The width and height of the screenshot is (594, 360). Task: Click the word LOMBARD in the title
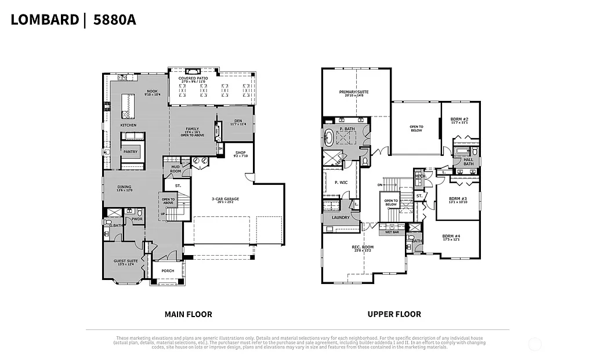[45, 20]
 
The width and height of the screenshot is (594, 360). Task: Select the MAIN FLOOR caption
[188, 314]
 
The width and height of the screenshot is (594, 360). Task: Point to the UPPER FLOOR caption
[394, 314]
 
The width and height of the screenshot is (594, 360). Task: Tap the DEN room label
[238, 121]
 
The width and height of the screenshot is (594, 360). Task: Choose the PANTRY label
[130, 152]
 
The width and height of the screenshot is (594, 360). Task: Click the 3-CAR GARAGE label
[224, 199]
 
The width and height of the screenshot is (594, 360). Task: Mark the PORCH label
[168, 271]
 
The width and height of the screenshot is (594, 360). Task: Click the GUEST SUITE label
[125, 261]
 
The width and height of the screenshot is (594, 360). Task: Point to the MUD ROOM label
[175, 170]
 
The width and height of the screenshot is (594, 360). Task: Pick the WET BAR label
[392, 232]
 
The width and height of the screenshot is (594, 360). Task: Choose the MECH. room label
[421, 176]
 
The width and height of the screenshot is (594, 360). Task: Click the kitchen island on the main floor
[128, 105]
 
